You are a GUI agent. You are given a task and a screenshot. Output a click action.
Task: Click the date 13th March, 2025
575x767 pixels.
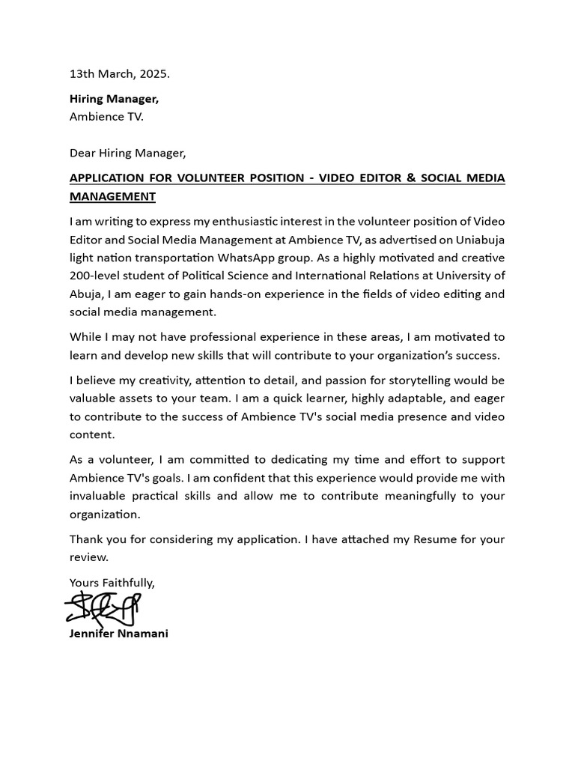(120, 74)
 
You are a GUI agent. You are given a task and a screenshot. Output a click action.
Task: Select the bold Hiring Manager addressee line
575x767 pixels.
(114, 99)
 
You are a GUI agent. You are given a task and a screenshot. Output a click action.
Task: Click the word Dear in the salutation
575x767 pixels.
(82, 153)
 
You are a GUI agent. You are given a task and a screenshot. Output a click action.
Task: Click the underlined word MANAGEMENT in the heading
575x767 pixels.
(112, 196)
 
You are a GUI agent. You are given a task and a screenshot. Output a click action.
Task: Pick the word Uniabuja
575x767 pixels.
(481, 240)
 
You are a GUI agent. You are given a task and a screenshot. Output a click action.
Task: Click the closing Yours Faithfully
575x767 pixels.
(112, 582)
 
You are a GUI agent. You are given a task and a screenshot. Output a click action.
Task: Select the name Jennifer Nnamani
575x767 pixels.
(119, 634)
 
